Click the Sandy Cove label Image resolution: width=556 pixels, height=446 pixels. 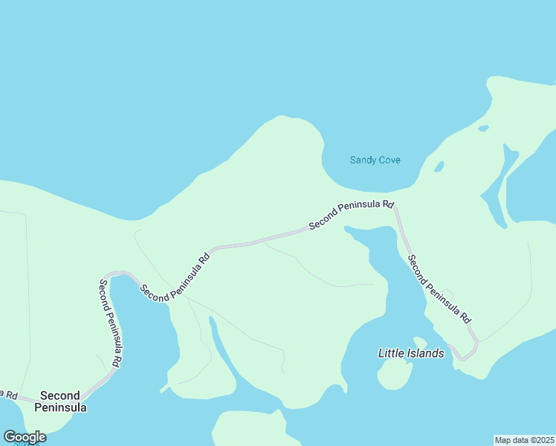click(375, 160)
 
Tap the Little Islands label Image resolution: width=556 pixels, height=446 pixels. click(411, 353)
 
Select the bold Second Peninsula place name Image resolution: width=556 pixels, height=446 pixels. click(63, 401)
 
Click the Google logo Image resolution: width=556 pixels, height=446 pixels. click(25, 437)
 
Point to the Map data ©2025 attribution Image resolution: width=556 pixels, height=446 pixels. click(524, 440)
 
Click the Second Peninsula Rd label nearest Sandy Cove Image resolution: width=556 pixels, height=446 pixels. click(351, 213)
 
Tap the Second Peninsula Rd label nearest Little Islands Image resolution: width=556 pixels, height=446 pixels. click(439, 288)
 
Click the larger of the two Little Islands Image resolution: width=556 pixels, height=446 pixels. click(395, 375)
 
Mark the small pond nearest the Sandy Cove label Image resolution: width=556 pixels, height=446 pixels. click(439, 166)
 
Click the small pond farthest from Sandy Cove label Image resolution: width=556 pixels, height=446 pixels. click(484, 129)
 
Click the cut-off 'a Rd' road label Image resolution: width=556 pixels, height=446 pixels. click(9, 395)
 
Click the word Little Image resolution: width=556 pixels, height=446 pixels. click(392, 353)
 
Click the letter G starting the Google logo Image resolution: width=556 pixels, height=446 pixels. click(10, 437)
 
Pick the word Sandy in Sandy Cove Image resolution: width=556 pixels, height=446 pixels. click(362, 160)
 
